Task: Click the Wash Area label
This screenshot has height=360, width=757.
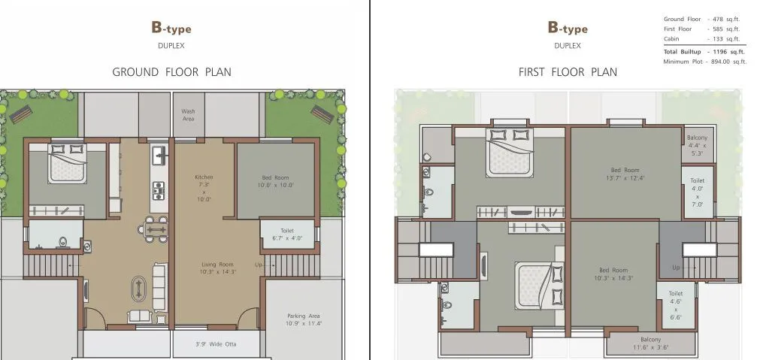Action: pos(189,115)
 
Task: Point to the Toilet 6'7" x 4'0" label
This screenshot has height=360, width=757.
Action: pos(286,234)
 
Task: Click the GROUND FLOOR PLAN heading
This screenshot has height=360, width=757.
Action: pos(171,72)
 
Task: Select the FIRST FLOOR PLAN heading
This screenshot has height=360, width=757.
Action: pos(568,72)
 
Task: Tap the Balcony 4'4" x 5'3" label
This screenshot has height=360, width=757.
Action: pos(697,145)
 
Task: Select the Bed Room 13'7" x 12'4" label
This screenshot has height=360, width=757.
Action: pos(625,174)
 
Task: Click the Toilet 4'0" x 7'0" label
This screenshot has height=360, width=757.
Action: pos(697,192)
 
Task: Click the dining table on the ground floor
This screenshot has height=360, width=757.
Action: pos(156,228)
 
